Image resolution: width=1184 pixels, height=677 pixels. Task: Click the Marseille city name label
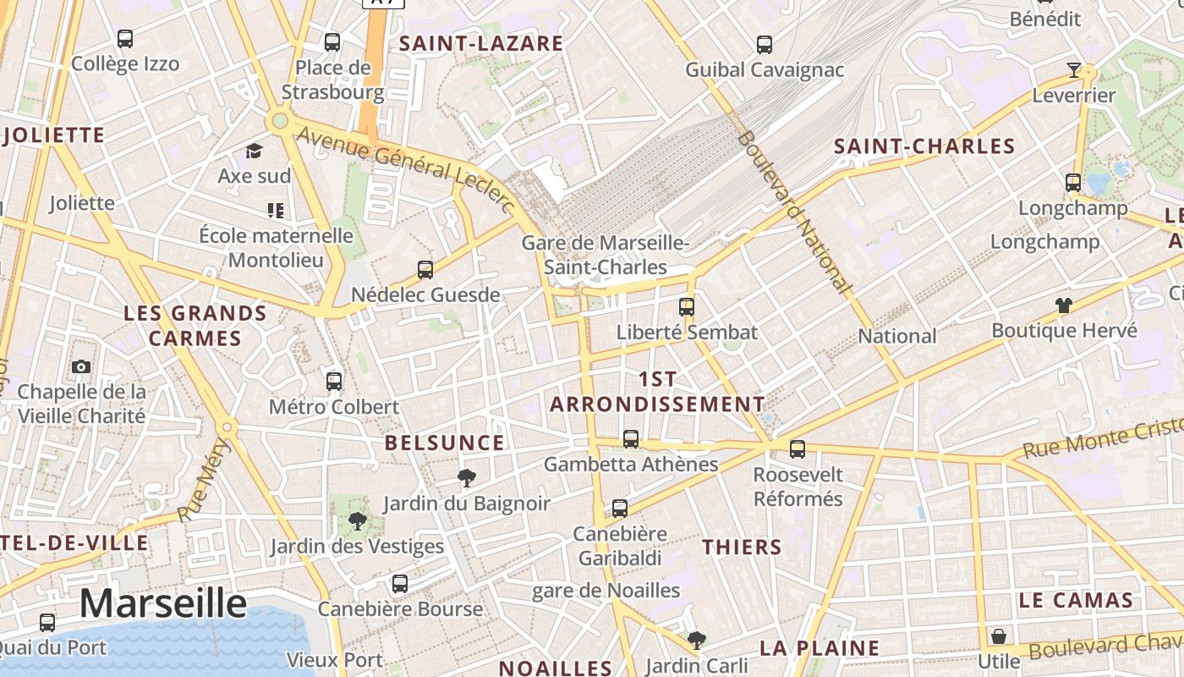tap(163, 604)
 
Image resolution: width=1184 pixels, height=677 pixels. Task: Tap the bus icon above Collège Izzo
tap(125, 39)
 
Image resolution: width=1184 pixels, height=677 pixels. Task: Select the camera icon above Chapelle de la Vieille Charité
tap(81, 366)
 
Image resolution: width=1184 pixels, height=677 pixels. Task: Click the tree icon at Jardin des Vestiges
tap(357, 521)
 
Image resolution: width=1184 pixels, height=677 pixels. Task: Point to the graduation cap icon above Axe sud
tap(254, 151)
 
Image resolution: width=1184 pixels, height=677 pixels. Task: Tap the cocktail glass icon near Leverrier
tap(1074, 70)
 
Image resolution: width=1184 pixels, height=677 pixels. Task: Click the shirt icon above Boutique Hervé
tap(1063, 305)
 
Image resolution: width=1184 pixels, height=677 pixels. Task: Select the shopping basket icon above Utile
tap(999, 636)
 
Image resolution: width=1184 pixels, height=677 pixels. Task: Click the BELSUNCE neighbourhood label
tap(444, 443)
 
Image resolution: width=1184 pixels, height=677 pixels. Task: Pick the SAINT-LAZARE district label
tap(480, 44)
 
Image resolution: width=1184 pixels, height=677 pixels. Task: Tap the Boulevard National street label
tap(792, 212)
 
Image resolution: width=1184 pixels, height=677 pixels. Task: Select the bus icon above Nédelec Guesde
tap(425, 270)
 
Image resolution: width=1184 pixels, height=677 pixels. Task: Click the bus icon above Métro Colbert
tap(334, 382)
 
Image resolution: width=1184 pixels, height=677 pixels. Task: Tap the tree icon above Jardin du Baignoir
tap(466, 478)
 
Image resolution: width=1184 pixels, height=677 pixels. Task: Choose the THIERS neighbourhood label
tap(742, 547)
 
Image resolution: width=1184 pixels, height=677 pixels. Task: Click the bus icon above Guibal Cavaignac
tap(765, 44)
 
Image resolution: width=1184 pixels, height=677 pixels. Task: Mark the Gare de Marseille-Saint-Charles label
tap(606, 255)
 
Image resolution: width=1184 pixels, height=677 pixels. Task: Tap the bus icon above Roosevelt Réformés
tap(798, 449)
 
